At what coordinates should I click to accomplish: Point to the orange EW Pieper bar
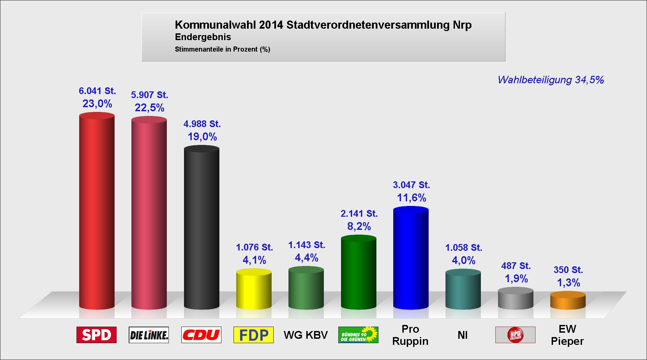(x=568, y=300)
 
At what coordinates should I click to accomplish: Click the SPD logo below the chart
(x=96, y=335)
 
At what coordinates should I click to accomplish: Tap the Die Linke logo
(x=149, y=335)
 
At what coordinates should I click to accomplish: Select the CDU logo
(x=201, y=335)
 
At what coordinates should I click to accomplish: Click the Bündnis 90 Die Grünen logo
(x=358, y=335)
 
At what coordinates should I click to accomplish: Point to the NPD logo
(x=515, y=335)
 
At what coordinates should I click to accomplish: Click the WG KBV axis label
(x=306, y=335)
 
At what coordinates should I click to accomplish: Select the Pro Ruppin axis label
(x=410, y=335)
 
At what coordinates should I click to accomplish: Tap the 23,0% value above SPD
(x=97, y=103)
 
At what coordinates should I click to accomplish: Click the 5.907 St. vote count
(x=150, y=95)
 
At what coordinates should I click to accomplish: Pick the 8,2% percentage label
(x=359, y=226)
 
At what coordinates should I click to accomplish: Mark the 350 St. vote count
(x=568, y=270)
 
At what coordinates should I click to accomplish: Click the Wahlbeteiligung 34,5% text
(x=551, y=80)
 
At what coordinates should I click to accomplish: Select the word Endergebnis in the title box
(x=203, y=37)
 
